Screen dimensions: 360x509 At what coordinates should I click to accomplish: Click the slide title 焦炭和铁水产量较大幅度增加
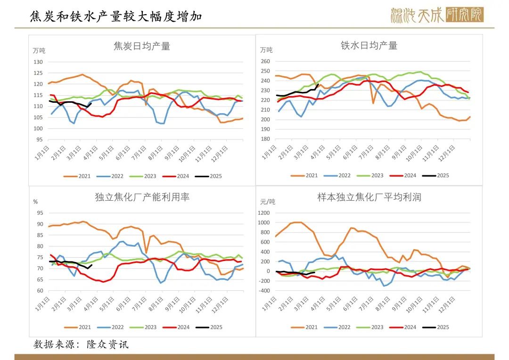click(116, 16)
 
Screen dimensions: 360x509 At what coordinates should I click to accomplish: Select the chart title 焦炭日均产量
click(142, 46)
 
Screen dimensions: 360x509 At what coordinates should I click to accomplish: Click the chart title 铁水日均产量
click(369, 45)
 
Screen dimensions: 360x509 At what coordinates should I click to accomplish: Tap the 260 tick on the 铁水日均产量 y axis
click(265, 61)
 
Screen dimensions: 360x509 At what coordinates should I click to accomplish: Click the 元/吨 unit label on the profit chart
click(268, 201)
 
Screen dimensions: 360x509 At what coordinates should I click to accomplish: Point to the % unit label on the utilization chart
click(35, 201)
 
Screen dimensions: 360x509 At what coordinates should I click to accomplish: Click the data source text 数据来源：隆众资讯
click(81, 344)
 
